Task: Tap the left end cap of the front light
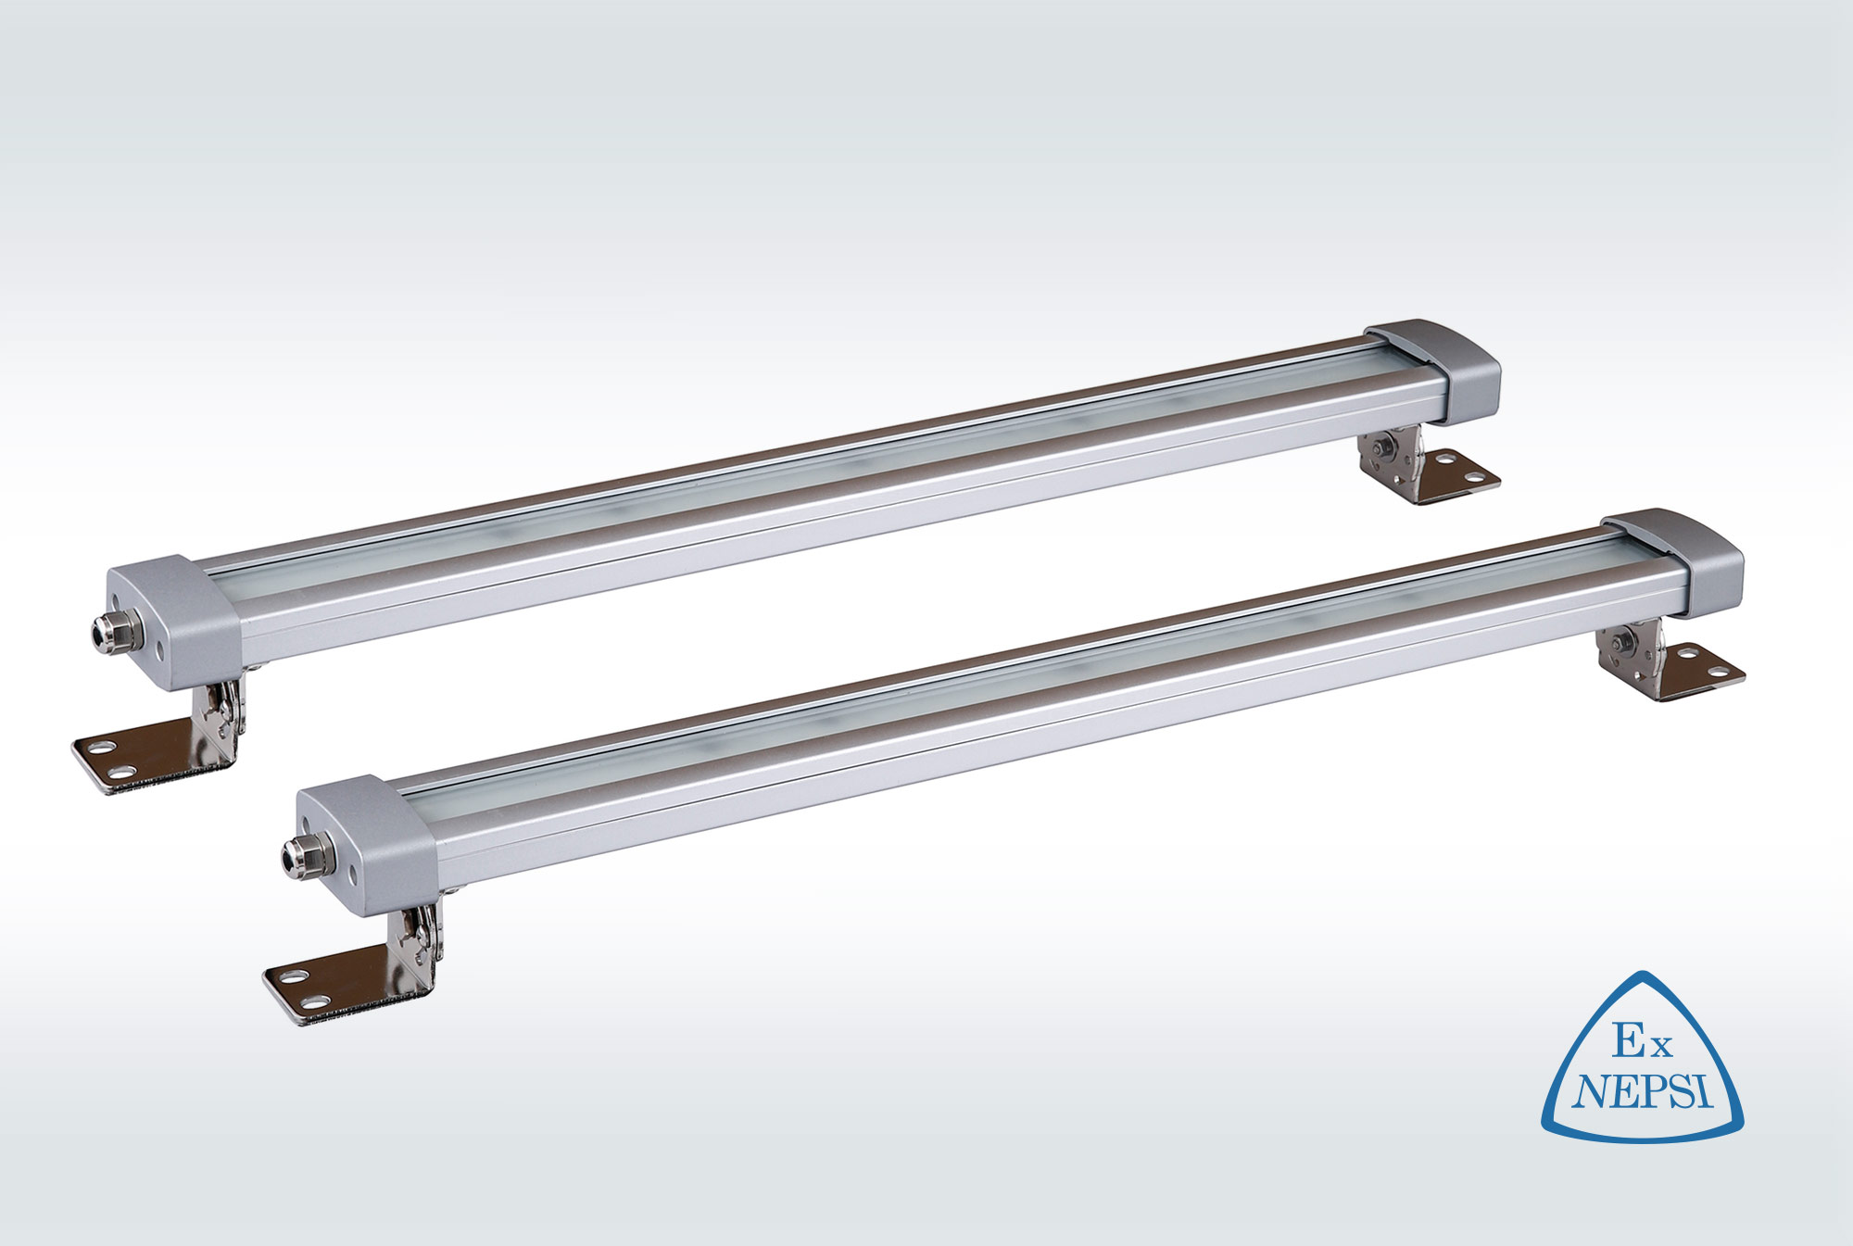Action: click(x=366, y=844)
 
